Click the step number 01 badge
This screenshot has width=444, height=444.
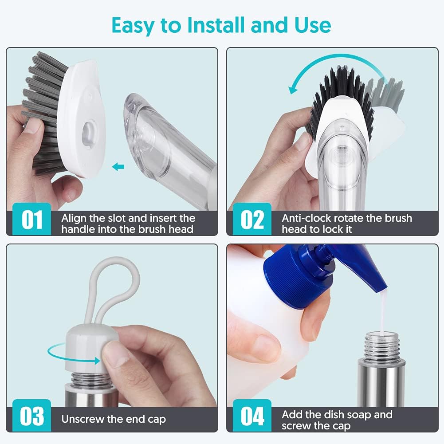click(32, 220)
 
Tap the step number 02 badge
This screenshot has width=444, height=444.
click(252, 220)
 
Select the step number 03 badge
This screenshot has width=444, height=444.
click(32, 416)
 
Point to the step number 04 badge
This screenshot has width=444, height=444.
click(252, 416)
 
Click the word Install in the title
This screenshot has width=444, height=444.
click(216, 25)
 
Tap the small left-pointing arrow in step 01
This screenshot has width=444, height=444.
click(118, 167)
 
